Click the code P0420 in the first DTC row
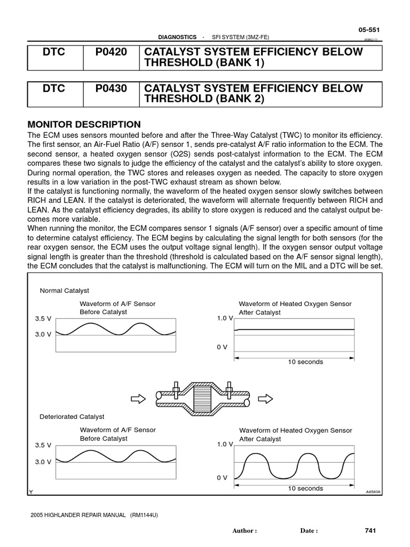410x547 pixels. (111, 52)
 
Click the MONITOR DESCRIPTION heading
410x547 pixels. (84, 124)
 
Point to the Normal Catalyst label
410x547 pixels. (65, 291)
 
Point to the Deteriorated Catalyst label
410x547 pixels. (72, 417)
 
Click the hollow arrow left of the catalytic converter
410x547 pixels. (138, 398)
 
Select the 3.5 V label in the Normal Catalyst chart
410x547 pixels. (43, 318)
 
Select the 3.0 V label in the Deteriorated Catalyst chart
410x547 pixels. (43, 462)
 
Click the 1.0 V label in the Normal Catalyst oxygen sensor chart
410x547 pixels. (225, 318)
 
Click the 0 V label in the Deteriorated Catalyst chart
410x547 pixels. (222, 478)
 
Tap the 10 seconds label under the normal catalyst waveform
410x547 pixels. (305, 362)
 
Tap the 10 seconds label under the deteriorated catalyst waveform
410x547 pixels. (305, 488)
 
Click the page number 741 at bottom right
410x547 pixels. (370, 530)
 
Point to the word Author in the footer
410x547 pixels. (245, 531)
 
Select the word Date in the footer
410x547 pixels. (309, 531)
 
